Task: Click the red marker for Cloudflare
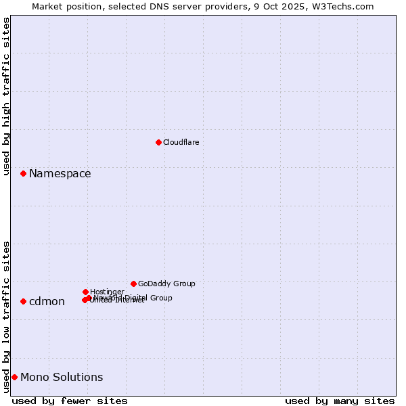coord(158,142)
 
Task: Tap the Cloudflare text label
coord(181,142)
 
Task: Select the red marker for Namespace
coord(23,174)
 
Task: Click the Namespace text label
coord(60,174)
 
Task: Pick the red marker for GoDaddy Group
coord(133,284)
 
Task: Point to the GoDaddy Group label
coord(166,284)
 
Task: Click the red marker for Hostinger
coord(85,292)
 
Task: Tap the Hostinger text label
coord(107,292)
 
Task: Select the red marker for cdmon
coord(23,301)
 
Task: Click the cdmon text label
coord(47,302)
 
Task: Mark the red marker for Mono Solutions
coord(14,377)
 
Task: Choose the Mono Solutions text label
coord(62,378)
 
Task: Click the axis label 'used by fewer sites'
coord(70,401)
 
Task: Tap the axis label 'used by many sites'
coord(340,401)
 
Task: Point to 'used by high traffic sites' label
coord(7,97)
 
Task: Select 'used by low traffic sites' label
coord(7,317)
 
